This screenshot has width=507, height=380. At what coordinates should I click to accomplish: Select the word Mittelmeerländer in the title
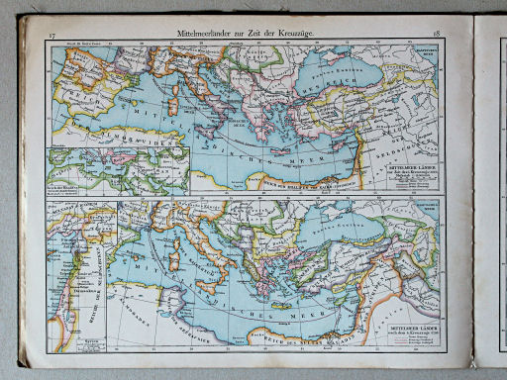click(x=205, y=35)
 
